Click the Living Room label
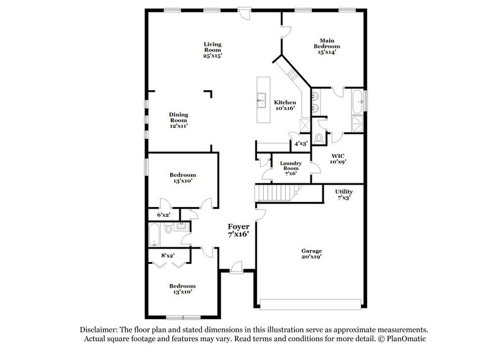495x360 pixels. point(212,48)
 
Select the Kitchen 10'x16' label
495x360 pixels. point(285,105)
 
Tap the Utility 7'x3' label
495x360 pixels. point(343,195)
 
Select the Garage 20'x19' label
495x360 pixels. point(311,255)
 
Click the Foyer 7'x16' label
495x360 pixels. point(239,230)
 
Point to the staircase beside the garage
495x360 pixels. point(273,195)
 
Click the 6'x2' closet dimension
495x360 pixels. point(163,215)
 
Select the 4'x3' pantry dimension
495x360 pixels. point(300,144)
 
